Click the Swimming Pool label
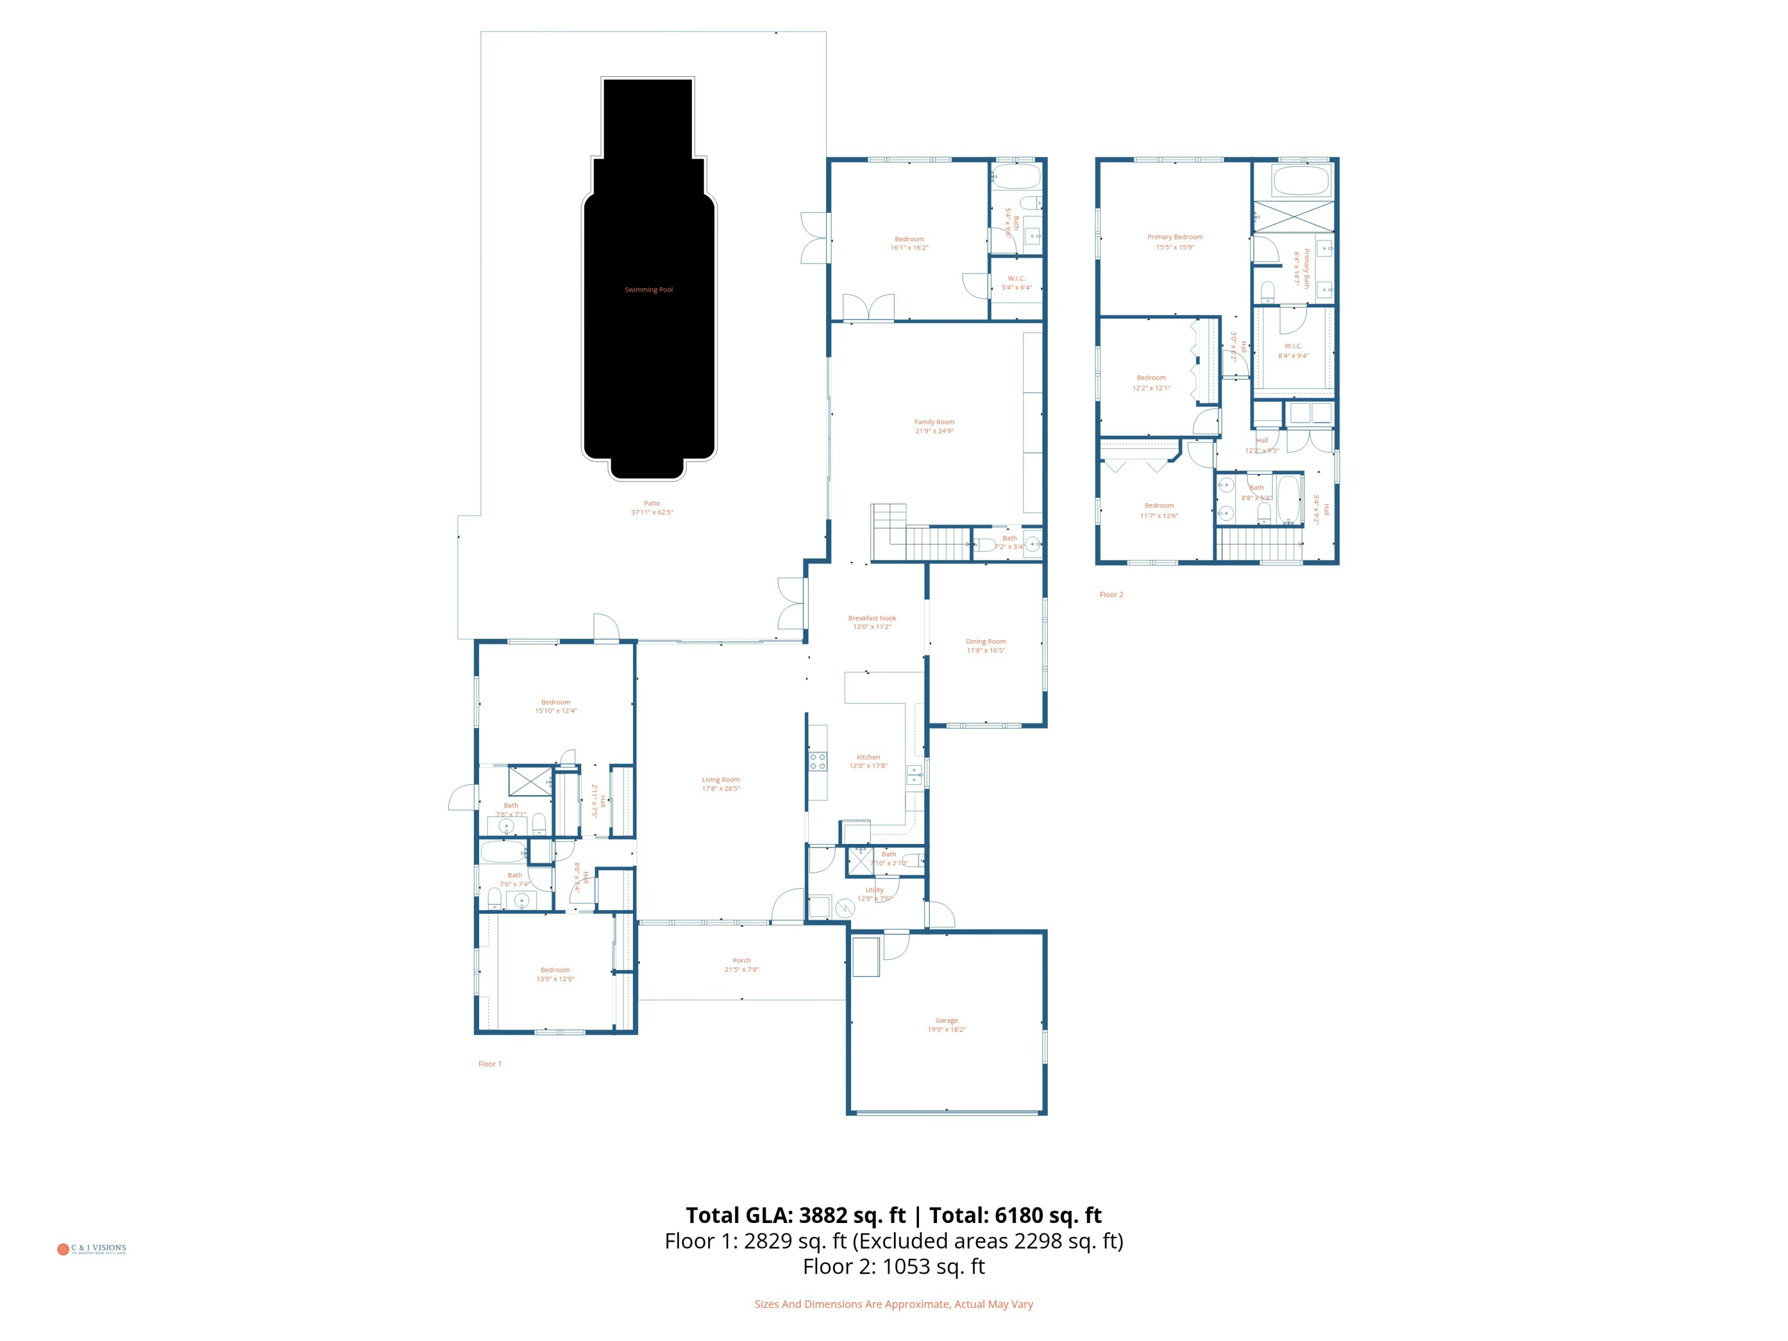tap(648, 290)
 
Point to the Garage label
tap(946, 1020)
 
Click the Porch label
tap(741, 960)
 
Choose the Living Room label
tap(720, 779)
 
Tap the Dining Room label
tap(985, 641)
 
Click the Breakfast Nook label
tap(871, 617)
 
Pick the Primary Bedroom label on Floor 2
tap(1175, 237)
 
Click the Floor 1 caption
tap(489, 1064)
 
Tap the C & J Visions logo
tap(91, 1249)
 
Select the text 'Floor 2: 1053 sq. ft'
tap(893, 1266)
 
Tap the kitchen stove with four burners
tap(817, 760)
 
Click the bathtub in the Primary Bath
tap(1300, 179)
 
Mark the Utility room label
tap(874, 889)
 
